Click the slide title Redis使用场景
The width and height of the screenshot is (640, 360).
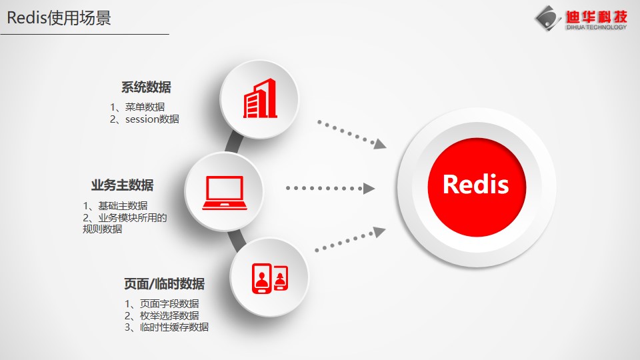59,18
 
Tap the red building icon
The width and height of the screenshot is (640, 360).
260,99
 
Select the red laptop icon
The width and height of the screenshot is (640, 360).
225,193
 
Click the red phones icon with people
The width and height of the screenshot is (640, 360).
270,279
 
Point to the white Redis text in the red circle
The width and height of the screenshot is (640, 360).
476,184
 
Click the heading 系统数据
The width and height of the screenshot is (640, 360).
146,87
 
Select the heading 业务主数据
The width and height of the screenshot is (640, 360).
123,185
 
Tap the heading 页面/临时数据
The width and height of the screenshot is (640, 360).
165,284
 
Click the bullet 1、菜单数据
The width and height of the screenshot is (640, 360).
137,107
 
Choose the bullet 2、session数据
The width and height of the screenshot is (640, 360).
145,119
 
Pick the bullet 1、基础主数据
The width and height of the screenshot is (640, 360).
115,206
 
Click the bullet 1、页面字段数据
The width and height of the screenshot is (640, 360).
162,304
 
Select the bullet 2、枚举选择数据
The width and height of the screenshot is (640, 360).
162,315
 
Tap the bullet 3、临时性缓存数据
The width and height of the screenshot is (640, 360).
167,327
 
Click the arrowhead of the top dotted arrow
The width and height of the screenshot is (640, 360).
380,144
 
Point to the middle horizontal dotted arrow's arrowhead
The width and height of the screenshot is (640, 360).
369,188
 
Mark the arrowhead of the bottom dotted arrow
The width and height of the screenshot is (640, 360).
380,231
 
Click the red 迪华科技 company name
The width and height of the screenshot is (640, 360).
596,17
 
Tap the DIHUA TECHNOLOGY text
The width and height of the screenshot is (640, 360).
596,27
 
